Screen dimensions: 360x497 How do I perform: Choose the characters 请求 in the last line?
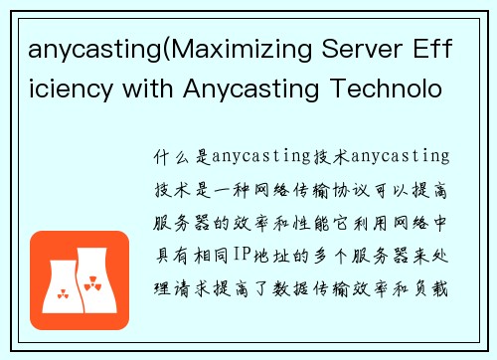click(192, 264)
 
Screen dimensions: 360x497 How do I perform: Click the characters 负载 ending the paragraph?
click(434, 264)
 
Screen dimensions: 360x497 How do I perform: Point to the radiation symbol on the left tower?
click(66, 294)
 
